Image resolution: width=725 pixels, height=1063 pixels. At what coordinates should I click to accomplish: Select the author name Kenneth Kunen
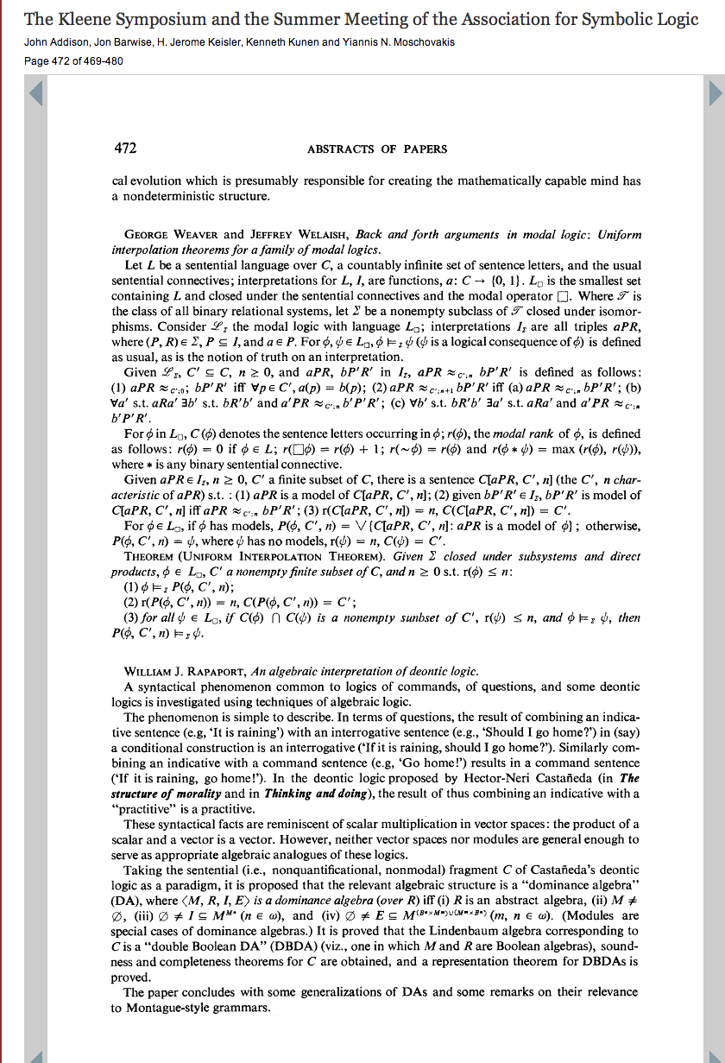tap(282, 41)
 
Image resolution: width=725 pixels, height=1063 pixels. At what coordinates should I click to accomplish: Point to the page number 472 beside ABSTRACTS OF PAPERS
tap(126, 149)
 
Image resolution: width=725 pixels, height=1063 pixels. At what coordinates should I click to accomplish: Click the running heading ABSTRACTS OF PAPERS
tap(377, 149)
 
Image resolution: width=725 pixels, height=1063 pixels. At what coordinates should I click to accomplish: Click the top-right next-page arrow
tap(716, 93)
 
